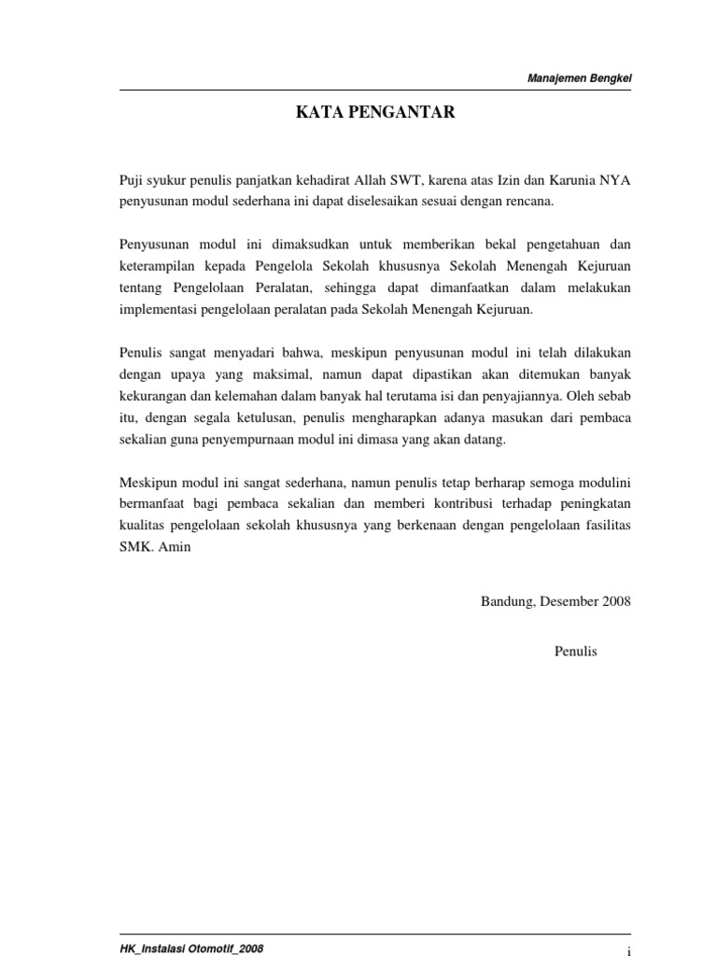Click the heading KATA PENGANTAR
[375, 113]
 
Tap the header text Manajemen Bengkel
[580, 78]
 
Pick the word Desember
[570, 602]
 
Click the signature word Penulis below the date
[575, 651]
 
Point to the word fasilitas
[605, 526]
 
